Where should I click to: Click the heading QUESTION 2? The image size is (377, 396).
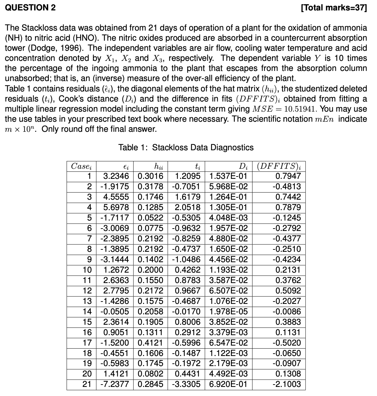[30, 8]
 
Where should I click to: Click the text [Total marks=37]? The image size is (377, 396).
[333, 8]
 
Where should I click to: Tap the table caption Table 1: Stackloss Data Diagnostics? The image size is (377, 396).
[186, 148]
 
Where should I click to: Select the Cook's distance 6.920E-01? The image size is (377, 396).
[228, 384]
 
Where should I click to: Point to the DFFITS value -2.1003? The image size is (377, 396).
[287, 384]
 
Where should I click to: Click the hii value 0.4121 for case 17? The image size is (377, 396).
[150, 343]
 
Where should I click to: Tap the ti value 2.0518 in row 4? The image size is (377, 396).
[187, 207]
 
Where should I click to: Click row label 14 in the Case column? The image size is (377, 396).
[87, 312]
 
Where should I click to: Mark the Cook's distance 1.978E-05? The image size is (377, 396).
[228, 312]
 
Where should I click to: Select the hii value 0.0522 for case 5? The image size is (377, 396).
[150, 218]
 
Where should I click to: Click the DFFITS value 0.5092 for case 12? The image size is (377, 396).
[288, 291]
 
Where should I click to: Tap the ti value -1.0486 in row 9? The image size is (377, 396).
[186, 260]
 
